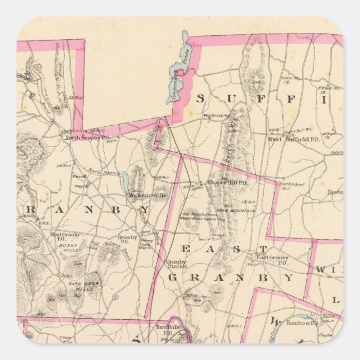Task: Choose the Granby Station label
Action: point(178,264)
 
